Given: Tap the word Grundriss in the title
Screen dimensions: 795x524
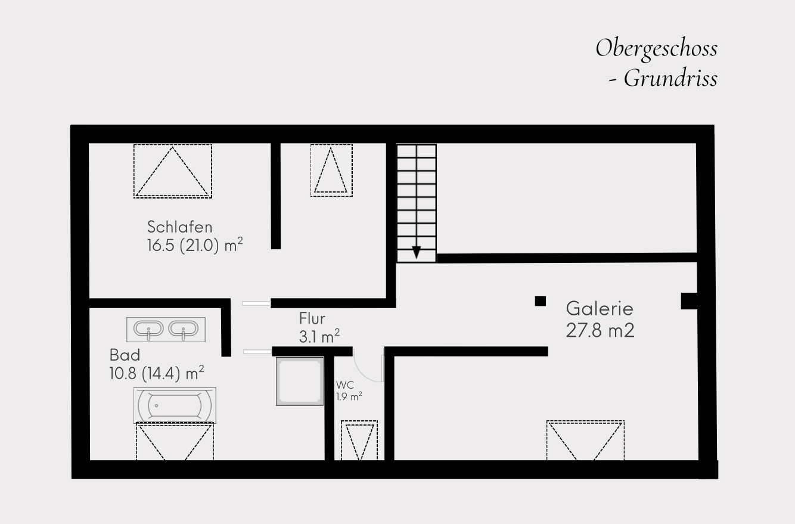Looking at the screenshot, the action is (x=670, y=79).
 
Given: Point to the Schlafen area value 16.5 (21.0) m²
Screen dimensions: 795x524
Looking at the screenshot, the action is (x=195, y=245).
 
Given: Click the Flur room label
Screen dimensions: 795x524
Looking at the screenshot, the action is (x=312, y=318).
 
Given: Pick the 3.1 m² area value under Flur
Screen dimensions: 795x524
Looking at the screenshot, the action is (x=319, y=336).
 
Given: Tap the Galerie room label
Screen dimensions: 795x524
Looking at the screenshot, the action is (x=600, y=308).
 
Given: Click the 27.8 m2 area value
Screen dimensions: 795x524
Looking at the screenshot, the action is (x=600, y=330).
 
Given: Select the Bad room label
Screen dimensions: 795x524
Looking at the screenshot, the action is (x=125, y=355).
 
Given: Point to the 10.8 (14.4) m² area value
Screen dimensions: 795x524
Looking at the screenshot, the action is (x=157, y=373).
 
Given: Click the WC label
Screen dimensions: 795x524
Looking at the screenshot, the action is (x=345, y=385).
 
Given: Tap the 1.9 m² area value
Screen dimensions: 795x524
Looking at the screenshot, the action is (x=349, y=396).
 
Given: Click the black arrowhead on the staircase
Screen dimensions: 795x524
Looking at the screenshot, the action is (x=417, y=252).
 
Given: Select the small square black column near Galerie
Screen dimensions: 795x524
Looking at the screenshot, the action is (x=540, y=301).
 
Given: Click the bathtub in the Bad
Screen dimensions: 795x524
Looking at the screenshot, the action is (x=175, y=405).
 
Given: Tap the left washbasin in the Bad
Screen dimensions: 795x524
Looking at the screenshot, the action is (x=148, y=328).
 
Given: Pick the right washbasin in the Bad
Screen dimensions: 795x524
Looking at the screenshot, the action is (x=183, y=328).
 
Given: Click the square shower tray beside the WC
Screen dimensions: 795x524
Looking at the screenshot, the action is (x=300, y=382).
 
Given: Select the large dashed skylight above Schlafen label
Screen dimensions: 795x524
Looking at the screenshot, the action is (x=173, y=171).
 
